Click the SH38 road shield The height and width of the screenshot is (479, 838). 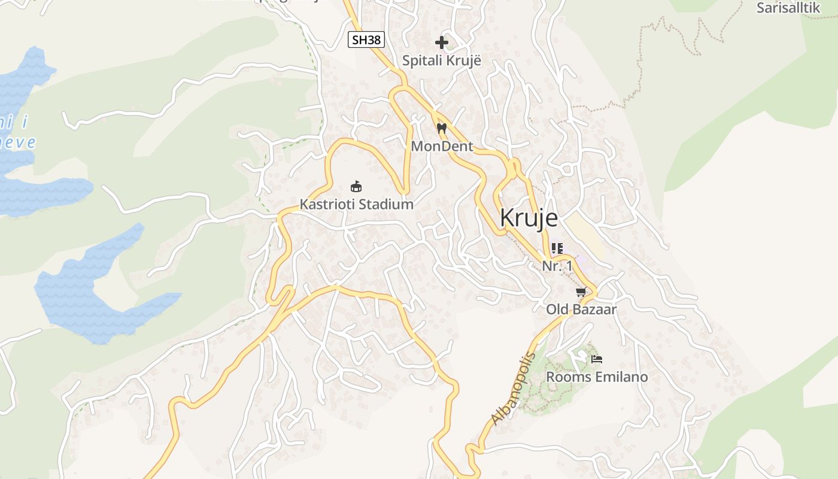366,40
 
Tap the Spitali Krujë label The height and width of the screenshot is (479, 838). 442,60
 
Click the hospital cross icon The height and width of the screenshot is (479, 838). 442,43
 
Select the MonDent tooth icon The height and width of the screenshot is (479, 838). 442,128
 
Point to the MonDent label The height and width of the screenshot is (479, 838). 442,146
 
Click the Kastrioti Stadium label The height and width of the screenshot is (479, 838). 356,204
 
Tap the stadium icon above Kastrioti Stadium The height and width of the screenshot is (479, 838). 356,186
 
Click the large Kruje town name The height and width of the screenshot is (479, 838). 529,218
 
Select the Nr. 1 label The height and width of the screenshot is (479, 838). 557,266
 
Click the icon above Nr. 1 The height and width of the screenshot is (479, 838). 557,248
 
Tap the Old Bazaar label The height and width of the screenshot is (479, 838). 581,310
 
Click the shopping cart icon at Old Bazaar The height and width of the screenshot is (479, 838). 581,292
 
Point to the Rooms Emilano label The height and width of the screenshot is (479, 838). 597,377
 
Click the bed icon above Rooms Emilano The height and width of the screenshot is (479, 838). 597,359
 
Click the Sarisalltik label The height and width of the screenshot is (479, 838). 788,8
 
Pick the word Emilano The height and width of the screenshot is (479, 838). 621,377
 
